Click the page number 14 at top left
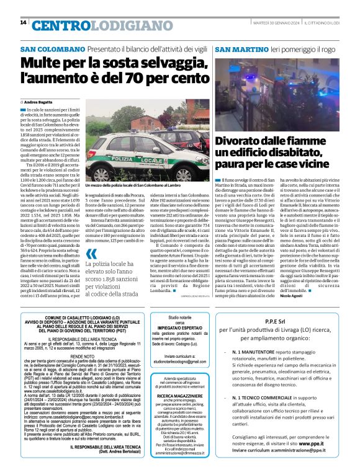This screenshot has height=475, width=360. (x=23, y=23)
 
